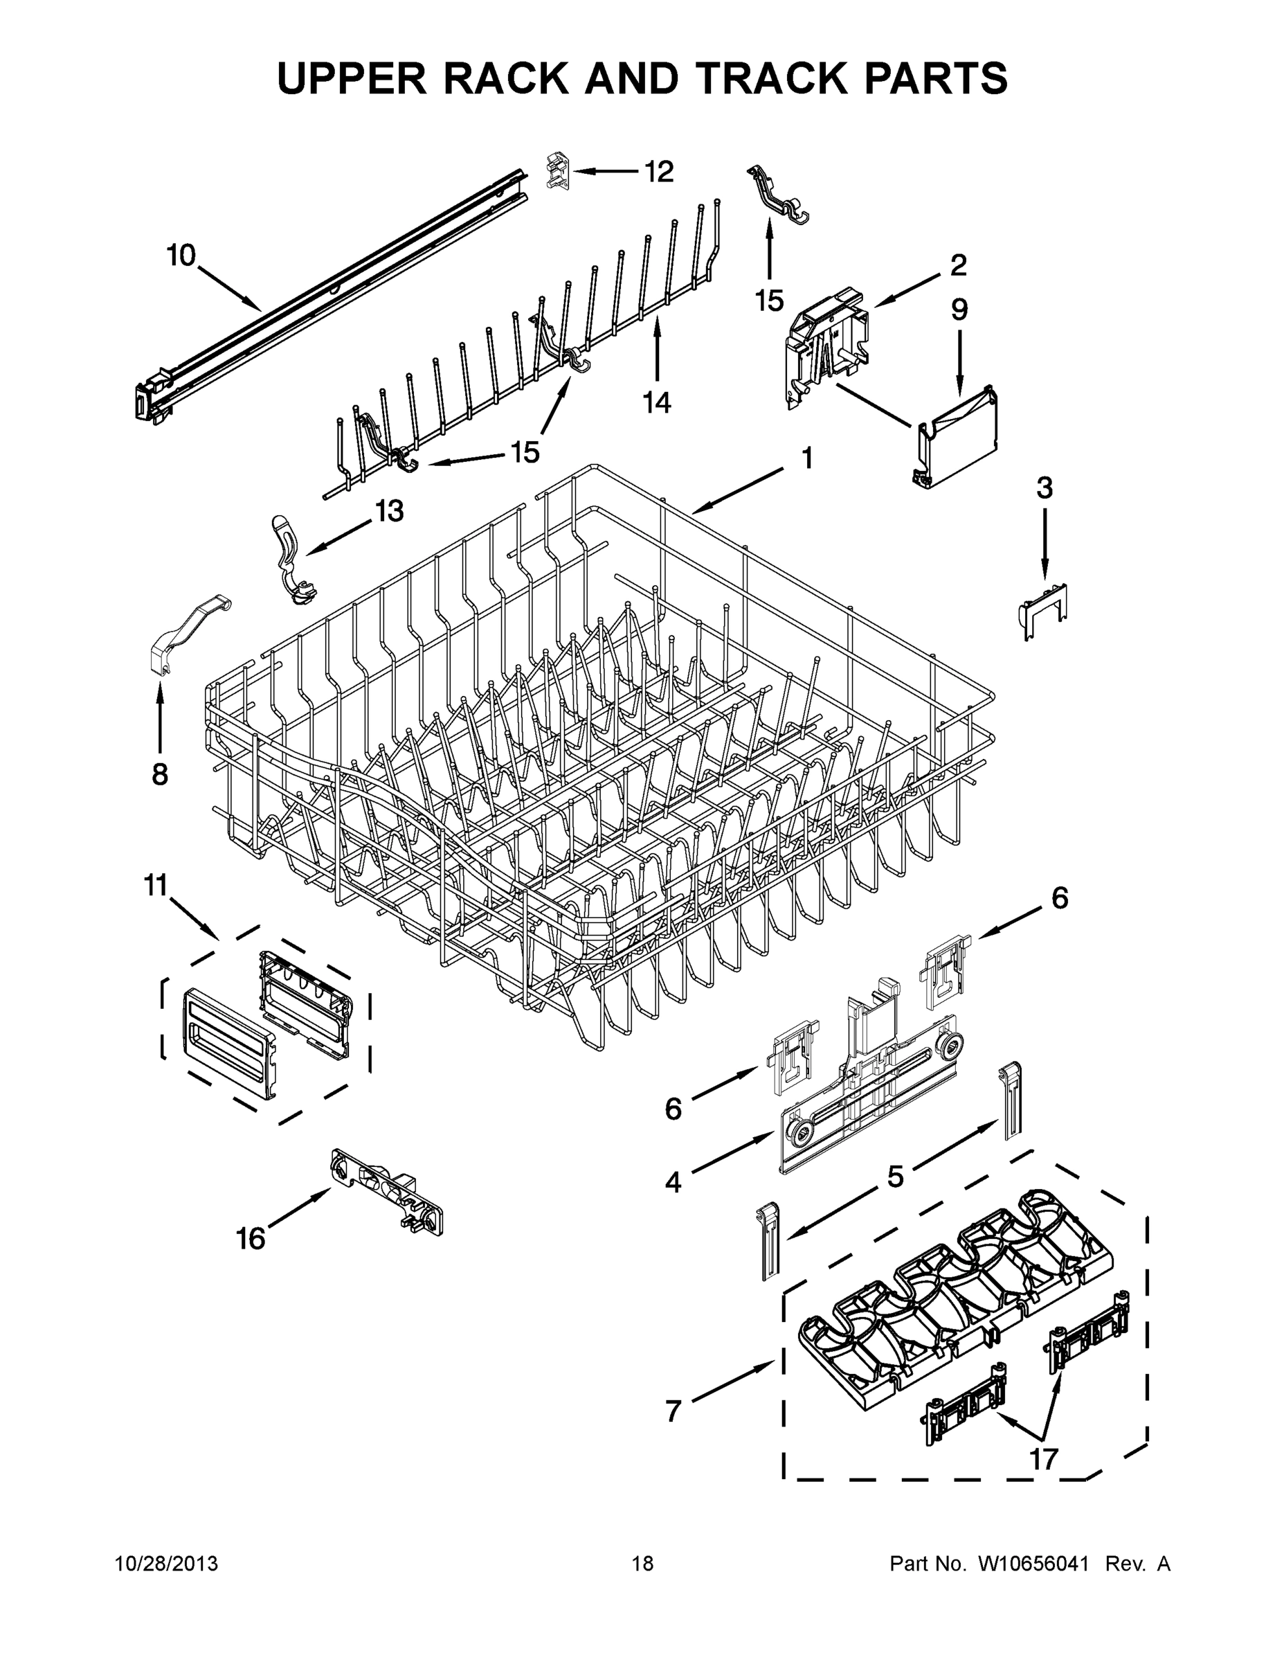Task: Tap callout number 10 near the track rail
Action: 181,256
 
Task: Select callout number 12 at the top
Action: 659,171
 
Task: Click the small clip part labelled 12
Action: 558,170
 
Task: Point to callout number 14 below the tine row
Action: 657,402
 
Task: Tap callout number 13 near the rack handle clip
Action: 389,510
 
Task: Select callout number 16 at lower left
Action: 251,1239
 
